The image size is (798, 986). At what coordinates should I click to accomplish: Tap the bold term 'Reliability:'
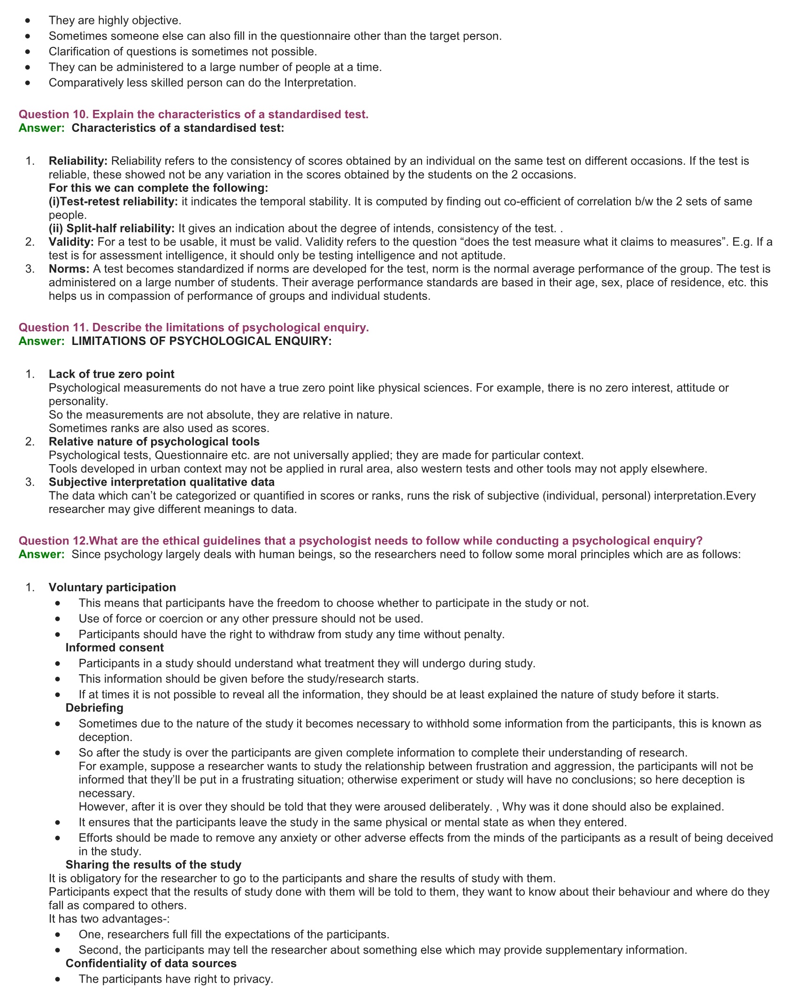pyautogui.click(x=78, y=161)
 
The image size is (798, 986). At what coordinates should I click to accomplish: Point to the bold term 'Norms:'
pyautogui.click(x=69, y=269)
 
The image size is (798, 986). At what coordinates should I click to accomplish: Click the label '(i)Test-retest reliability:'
pyautogui.click(x=113, y=202)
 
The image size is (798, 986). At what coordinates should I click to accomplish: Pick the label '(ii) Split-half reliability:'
pyautogui.click(x=112, y=229)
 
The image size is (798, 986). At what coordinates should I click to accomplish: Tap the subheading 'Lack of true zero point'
pyautogui.click(x=111, y=374)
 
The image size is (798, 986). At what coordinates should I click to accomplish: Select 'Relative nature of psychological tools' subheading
pyautogui.click(x=154, y=442)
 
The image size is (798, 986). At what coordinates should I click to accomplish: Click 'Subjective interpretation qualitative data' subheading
pyautogui.click(x=161, y=482)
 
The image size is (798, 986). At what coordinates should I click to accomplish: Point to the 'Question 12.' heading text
pyautogui.click(x=53, y=541)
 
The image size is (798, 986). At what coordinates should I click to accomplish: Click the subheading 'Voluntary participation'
pyautogui.click(x=112, y=588)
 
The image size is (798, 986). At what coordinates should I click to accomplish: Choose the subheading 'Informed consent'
pyautogui.click(x=115, y=648)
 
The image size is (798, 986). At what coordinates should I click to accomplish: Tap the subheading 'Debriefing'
pyautogui.click(x=94, y=708)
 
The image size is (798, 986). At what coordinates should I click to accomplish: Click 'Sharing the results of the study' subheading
pyautogui.click(x=153, y=864)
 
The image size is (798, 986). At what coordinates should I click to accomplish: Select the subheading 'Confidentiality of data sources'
pyautogui.click(x=151, y=963)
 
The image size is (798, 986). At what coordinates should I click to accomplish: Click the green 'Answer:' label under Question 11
pyautogui.click(x=41, y=341)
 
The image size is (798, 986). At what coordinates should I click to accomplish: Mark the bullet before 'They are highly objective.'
pyautogui.click(x=29, y=21)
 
